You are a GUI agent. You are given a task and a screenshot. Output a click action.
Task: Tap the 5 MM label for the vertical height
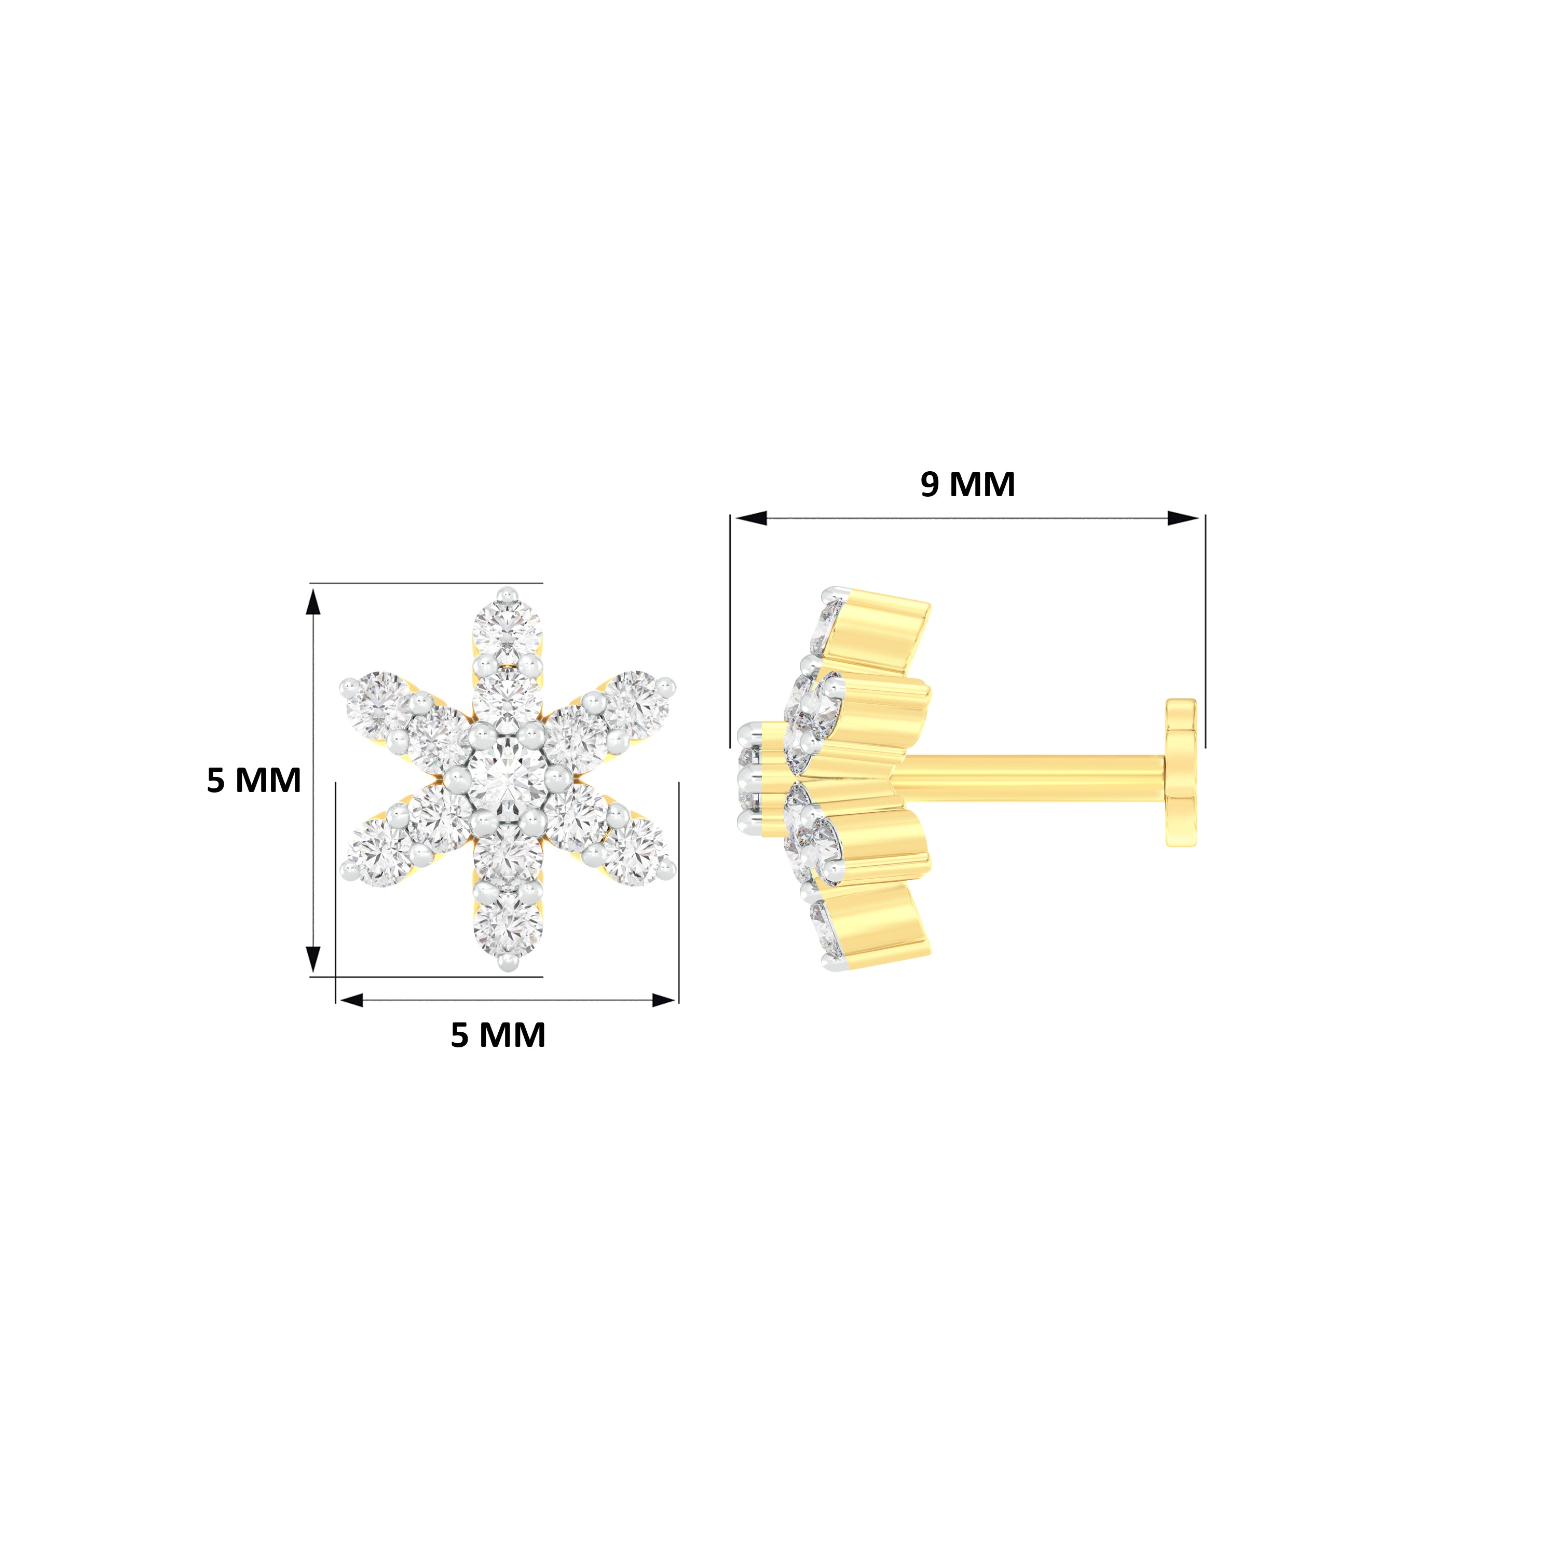click(x=254, y=780)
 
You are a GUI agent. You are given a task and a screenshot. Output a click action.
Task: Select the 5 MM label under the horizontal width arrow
click(x=498, y=1035)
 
